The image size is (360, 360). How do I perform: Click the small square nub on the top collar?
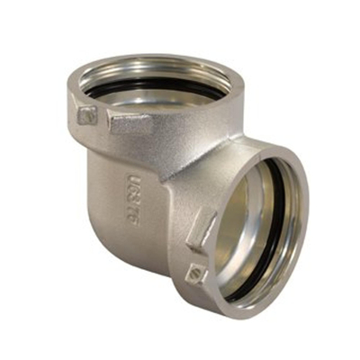click(86, 114)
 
